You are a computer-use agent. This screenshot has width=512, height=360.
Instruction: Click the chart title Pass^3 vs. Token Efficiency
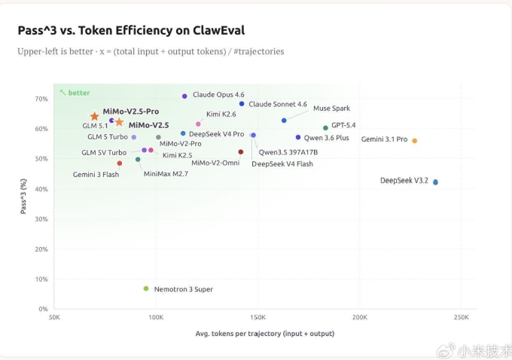(131, 30)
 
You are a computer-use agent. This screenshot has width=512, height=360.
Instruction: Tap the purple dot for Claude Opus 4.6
(184, 96)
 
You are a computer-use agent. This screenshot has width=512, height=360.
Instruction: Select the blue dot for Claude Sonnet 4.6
(242, 104)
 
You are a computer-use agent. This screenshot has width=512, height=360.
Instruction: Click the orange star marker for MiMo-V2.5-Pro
(94, 117)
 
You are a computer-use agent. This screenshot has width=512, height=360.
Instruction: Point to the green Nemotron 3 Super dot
(146, 288)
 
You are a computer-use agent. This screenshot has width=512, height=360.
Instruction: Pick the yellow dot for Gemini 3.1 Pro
(414, 141)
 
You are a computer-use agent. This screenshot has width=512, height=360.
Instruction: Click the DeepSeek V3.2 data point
(435, 182)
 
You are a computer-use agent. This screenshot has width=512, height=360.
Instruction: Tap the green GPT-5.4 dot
(325, 128)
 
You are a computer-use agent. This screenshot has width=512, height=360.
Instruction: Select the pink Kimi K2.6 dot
(198, 124)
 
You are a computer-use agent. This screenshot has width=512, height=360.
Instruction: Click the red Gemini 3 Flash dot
(119, 163)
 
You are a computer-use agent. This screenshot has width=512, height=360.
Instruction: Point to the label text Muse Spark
(331, 108)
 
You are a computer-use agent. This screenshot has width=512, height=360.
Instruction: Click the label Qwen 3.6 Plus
(327, 138)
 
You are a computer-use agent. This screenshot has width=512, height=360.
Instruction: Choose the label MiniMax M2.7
(166, 174)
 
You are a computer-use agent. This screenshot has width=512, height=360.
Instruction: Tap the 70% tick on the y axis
(41, 99)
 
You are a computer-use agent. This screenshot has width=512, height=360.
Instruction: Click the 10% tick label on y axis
(41, 279)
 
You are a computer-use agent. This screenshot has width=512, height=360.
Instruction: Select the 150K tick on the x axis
(258, 318)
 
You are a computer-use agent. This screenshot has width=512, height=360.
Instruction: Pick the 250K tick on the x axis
(462, 318)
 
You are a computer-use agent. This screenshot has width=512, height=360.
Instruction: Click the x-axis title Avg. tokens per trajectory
(265, 333)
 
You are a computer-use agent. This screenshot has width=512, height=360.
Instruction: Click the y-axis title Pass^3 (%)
(23, 197)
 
